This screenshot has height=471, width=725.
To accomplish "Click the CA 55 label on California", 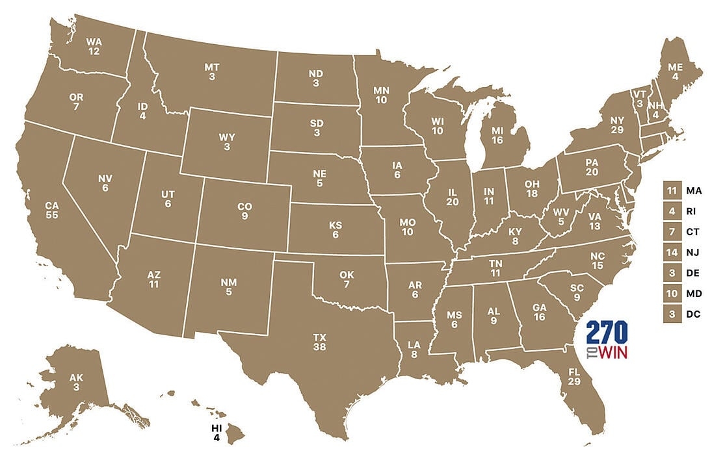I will click(52, 210).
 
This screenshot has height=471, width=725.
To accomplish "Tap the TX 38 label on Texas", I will click(319, 342).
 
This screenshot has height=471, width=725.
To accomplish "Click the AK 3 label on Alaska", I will click(76, 383).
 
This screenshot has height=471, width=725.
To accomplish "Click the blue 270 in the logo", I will click(607, 333).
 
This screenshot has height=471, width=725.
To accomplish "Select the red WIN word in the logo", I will click(613, 354).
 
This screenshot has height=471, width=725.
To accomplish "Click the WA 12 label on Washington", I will click(94, 47).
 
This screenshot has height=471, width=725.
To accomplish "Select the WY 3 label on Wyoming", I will click(226, 142).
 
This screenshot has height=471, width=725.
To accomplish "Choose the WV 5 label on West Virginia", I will click(561, 217).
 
